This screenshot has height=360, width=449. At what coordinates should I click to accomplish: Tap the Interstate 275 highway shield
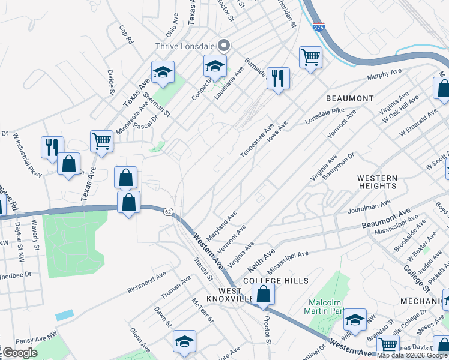coord(319,28)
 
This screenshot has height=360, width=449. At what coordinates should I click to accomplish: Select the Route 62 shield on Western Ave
coord(168,211)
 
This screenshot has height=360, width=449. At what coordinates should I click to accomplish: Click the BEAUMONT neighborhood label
coord(350,98)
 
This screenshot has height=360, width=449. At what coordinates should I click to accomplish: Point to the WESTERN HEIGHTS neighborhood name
coord(377,182)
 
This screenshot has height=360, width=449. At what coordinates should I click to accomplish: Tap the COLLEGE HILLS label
coord(276,281)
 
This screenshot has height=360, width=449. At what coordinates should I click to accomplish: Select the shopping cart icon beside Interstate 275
coord(310,58)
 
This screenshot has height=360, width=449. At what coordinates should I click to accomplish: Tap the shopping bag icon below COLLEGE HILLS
coord(263,295)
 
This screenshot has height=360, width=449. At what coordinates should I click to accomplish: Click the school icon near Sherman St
coord(162,73)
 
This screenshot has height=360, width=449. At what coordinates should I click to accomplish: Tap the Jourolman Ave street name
coord(369,208)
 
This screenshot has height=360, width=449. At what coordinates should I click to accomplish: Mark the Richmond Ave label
coord(146,284)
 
